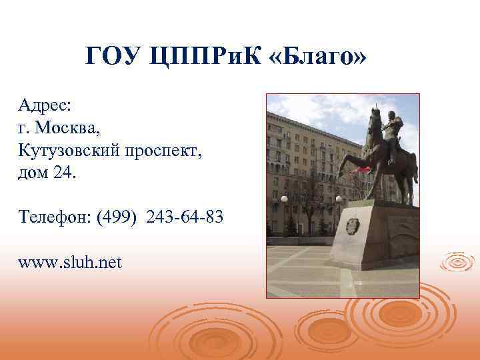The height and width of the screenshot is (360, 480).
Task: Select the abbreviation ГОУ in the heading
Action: (x=111, y=59)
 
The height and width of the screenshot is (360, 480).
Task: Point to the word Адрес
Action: (x=45, y=105)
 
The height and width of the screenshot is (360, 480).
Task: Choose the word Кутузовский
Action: (x=79, y=151)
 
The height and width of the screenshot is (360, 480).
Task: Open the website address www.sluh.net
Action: (x=70, y=262)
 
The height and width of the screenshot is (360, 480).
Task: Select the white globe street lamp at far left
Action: (x=283, y=199)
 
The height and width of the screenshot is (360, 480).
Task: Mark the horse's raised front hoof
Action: (x=340, y=173)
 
